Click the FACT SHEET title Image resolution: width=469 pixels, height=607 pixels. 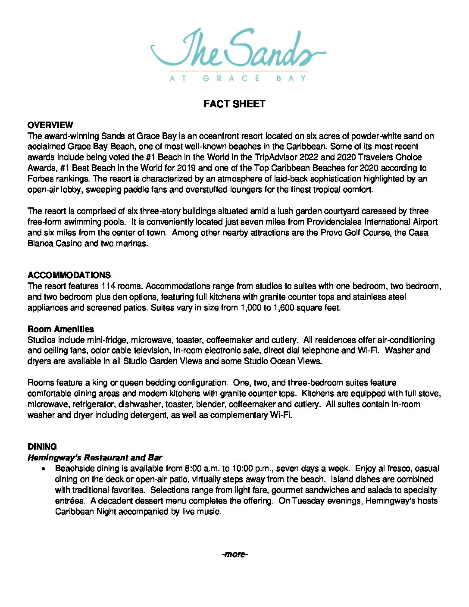point(234,104)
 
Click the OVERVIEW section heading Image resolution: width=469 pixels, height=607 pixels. point(50,125)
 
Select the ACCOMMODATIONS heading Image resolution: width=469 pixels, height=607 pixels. point(69,275)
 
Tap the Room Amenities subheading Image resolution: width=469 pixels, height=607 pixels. point(60,329)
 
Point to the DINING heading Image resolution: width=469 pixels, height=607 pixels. point(42,447)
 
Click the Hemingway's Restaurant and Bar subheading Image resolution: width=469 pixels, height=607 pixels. point(95,457)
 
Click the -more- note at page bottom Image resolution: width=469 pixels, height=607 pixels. point(234,554)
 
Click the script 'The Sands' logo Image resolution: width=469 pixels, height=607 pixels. point(238,50)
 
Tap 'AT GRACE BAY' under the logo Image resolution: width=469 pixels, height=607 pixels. point(238,78)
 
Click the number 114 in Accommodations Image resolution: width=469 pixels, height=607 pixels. point(109,286)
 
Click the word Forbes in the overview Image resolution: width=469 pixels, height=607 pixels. point(41,178)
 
